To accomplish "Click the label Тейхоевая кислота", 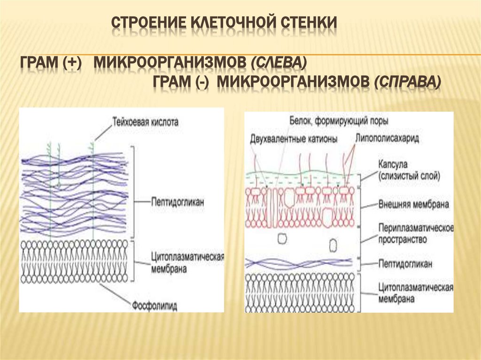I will [145, 121].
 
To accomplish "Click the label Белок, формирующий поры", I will [339, 121].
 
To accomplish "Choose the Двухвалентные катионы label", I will [294, 138].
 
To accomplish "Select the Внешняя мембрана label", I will [413, 205].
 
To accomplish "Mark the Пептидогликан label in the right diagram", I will [404, 263].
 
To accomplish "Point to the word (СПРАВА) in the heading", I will [407, 82].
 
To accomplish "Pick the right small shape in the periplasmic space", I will [333, 245].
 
